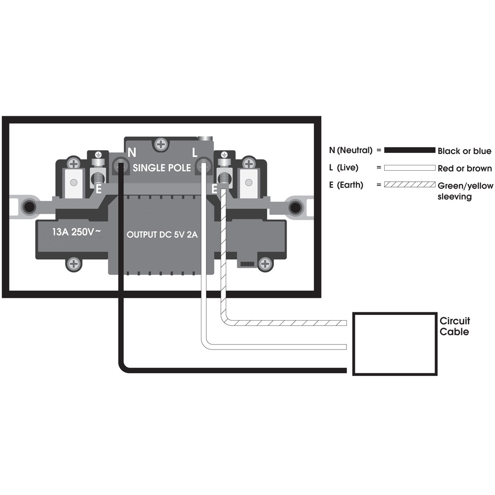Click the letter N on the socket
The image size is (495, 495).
coord(132,152)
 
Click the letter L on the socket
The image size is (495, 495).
coord(195,152)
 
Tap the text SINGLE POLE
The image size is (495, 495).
coord(161,168)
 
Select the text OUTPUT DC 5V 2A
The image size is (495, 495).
coord(162,235)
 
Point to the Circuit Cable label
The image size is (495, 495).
coord(454,326)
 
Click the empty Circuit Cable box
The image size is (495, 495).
coord(394,344)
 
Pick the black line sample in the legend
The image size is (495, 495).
coord(409,150)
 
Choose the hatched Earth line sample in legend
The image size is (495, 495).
coord(409,185)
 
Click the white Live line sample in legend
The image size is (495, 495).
coord(409,168)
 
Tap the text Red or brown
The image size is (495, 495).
coord(465,168)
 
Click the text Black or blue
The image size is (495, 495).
coord(464,151)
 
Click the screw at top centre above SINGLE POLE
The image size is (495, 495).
coord(161,145)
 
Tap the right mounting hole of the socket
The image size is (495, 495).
coord(296,206)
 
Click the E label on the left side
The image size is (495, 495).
coord(98,189)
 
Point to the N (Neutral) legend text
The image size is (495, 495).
coord(350,150)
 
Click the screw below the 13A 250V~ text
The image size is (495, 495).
coord(74,263)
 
